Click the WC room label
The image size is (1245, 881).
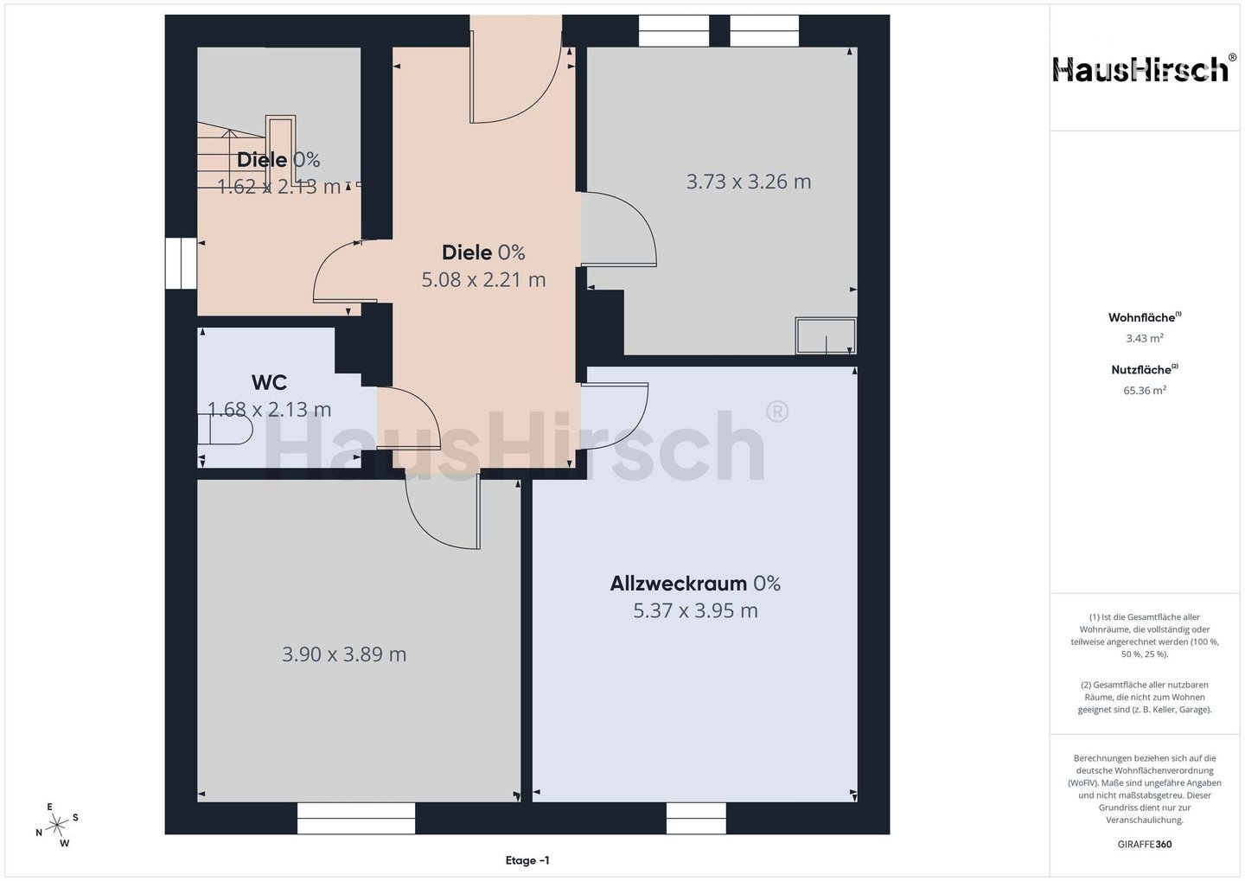click(x=269, y=382)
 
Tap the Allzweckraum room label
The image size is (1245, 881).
click(x=678, y=583)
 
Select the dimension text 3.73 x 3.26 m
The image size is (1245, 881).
click(x=748, y=182)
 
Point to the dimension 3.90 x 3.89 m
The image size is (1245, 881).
click(x=344, y=654)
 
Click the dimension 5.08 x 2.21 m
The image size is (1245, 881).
click(x=483, y=279)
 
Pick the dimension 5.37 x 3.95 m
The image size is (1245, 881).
click(x=695, y=610)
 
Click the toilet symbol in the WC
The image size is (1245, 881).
click(x=225, y=430)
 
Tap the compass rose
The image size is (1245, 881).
click(x=57, y=825)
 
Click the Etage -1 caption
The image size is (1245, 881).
click(x=527, y=860)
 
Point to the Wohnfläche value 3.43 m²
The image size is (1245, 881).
click(x=1145, y=338)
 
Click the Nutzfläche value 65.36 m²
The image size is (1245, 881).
click(x=1145, y=390)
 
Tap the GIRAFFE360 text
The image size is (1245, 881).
click(x=1145, y=845)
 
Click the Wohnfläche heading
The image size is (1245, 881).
click(x=1145, y=317)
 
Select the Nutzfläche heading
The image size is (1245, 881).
click(x=1145, y=370)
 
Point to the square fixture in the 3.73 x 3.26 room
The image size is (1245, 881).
click(x=826, y=335)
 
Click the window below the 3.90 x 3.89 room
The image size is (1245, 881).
click(x=356, y=818)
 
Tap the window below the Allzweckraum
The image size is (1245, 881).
click(x=696, y=818)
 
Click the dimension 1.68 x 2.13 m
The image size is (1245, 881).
click(x=269, y=410)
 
